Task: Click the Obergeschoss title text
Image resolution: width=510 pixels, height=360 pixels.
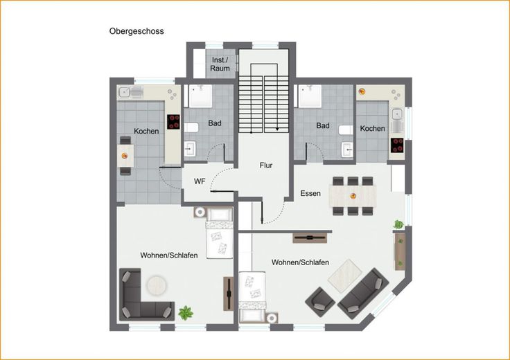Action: [x=137, y=32]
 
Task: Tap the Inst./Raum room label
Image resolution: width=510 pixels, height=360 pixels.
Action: [x=220, y=64]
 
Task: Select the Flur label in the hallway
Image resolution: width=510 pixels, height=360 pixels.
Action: [x=265, y=165]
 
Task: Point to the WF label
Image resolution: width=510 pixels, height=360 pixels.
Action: [x=200, y=181]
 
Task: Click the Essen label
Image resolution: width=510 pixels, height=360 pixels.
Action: [x=310, y=193]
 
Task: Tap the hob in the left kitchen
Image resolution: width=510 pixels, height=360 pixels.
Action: [x=173, y=122]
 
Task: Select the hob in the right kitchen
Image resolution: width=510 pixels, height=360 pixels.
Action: [x=397, y=145]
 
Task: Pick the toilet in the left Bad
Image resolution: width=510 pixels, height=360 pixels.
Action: [x=191, y=127]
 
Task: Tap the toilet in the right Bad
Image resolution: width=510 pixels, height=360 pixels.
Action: [x=346, y=130]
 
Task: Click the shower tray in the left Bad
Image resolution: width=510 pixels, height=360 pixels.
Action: [x=200, y=96]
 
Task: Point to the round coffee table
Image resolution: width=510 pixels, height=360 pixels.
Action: [x=157, y=286]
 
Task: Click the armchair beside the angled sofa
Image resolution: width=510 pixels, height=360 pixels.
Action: [x=320, y=302]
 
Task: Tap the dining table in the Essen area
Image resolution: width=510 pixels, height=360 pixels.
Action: [x=353, y=196]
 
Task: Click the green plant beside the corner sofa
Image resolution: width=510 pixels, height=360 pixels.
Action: [x=186, y=313]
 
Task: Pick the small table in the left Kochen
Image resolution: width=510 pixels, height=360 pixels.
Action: [x=125, y=156]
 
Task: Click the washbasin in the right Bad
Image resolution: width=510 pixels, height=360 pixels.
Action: [x=347, y=150]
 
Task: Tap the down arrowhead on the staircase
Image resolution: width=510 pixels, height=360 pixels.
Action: [x=277, y=129]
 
